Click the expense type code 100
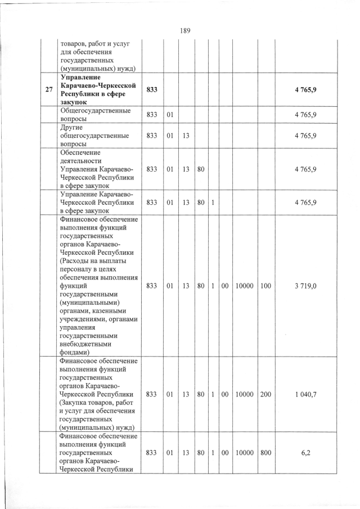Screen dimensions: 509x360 point(266,286)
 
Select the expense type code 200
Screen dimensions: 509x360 point(266,394)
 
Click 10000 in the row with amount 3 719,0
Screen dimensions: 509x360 point(244,286)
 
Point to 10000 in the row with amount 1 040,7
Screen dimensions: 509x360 point(244,394)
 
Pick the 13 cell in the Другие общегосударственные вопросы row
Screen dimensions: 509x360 point(185,136)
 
